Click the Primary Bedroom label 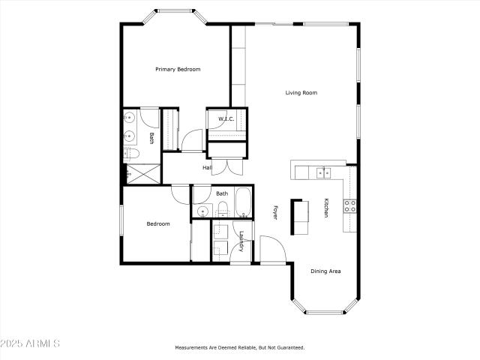pyautogui.click(x=178, y=70)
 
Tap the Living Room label pyautogui.click(x=301, y=93)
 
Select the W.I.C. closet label pyautogui.click(x=226, y=118)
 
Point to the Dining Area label pyautogui.click(x=325, y=271)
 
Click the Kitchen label pyautogui.click(x=326, y=208)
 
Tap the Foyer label pyautogui.click(x=274, y=212)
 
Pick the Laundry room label pyautogui.click(x=241, y=241)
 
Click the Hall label pyautogui.click(x=207, y=168)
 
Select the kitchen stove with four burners pyautogui.click(x=349, y=206)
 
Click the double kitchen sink pyautogui.click(x=324, y=173)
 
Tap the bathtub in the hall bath pyautogui.click(x=244, y=202)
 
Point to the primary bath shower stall pyautogui.click(x=143, y=174)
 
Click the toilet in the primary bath pyautogui.click(x=132, y=154)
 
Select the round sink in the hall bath pyautogui.click(x=202, y=211)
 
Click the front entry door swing pyautogui.click(x=273, y=249)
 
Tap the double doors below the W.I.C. pyautogui.click(x=227, y=166)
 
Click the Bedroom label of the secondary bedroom pyautogui.click(x=158, y=224)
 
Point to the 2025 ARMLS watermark pyautogui.click(x=30, y=343)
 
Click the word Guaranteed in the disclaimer pyautogui.click(x=291, y=347)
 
